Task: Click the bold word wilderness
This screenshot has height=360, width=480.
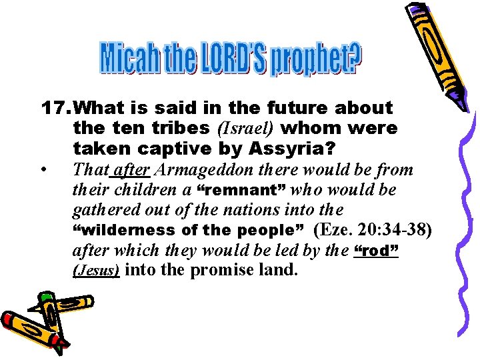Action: (117, 231)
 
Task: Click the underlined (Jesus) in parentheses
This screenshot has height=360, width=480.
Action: (95, 271)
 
